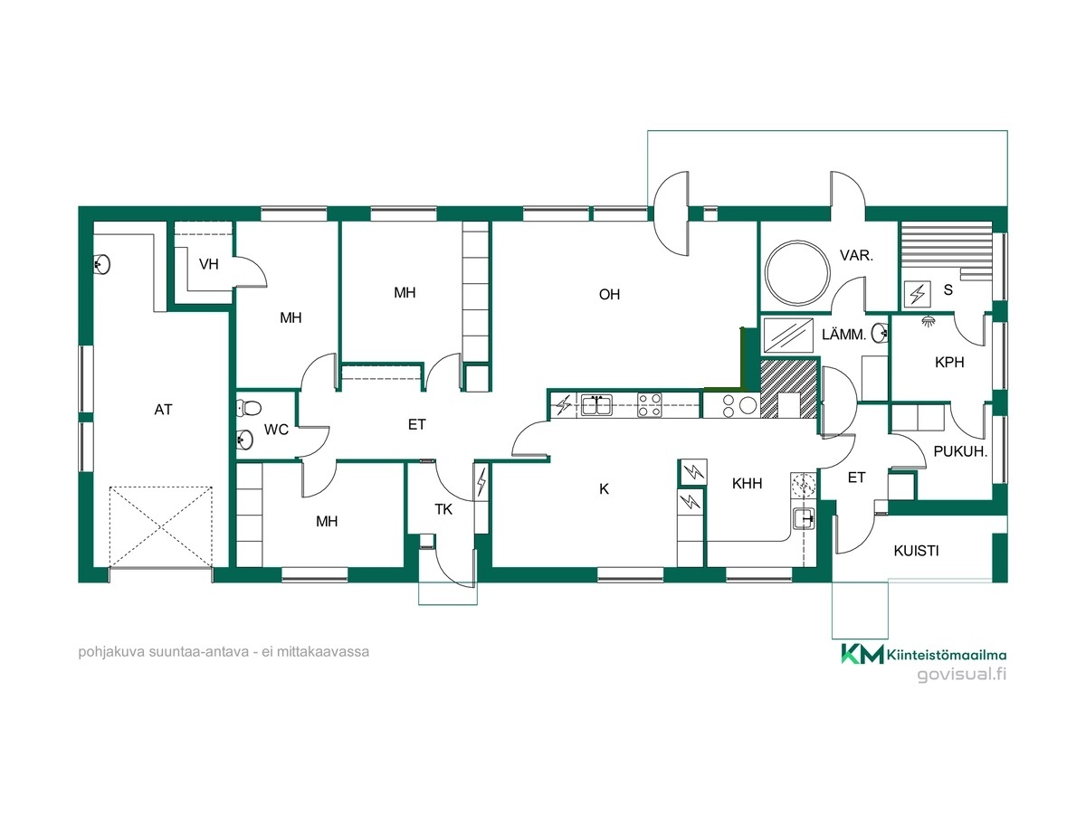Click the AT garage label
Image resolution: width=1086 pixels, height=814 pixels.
(x=163, y=410)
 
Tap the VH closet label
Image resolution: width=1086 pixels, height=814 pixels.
(x=209, y=264)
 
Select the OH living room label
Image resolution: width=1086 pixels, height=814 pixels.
(x=609, y=295)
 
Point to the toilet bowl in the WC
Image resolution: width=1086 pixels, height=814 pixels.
(x=250, y=409)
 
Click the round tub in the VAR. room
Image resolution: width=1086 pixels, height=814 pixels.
(x=796, y=273)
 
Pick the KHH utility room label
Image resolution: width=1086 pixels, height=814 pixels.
(x=748, y=483)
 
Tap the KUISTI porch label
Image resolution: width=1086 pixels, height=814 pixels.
(x=916, y=551)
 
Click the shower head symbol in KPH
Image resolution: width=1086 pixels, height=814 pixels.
(x=929, y=321)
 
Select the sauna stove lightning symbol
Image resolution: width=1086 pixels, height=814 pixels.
(x=918, y=294)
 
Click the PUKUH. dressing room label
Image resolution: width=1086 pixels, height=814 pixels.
(x=960, y=451)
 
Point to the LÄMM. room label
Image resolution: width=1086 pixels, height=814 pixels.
(x=844, y=335)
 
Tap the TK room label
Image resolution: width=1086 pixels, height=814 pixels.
(x=443, y=509)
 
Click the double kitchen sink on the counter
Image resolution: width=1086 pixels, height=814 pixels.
(x=596, y=405)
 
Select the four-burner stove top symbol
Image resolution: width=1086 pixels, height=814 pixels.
(x=649, y=405)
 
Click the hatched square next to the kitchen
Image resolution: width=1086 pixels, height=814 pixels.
(x=788, y=389)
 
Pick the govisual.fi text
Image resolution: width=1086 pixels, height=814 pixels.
(x=962, y=674)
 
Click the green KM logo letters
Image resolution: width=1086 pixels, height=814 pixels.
(x=862, y=654)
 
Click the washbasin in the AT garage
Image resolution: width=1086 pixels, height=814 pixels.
(x=101, y=264)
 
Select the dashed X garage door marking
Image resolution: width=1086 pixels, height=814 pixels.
(x=161, y=527)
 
